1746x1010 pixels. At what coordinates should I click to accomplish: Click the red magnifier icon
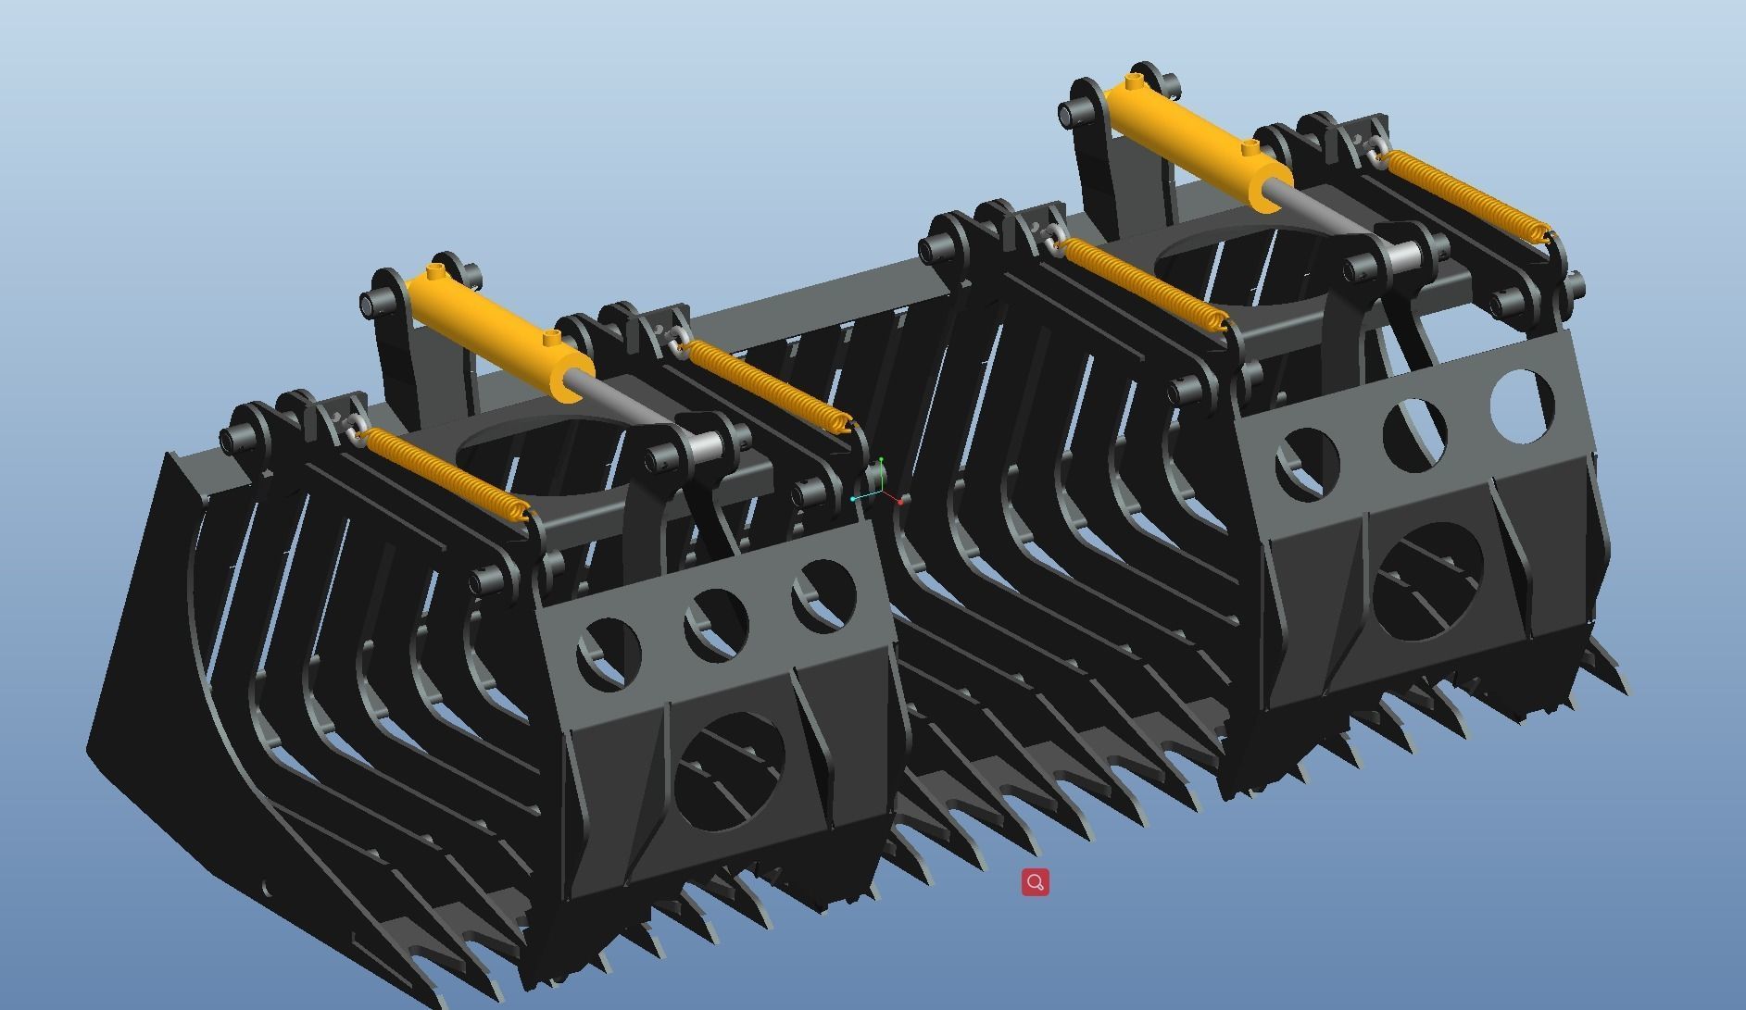[x=1035, y=882]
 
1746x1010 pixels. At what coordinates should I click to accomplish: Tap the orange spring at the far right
[x=1463, y=195]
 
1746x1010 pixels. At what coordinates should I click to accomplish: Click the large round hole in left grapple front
[x=730, y=771]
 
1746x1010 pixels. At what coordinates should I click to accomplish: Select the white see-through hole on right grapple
[x=1521, y=405]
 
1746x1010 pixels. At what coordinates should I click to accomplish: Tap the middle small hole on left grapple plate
[x=715, y=624]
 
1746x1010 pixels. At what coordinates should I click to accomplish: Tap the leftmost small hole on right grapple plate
[x=1306, y=460]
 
